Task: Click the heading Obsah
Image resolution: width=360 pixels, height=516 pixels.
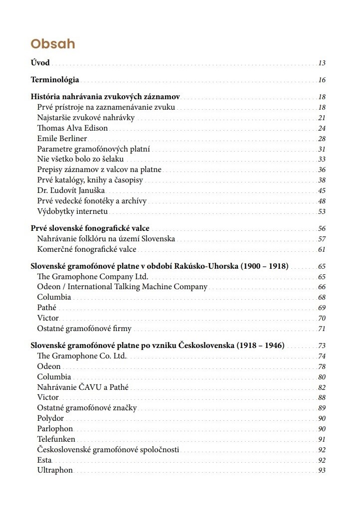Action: tap(53, 44)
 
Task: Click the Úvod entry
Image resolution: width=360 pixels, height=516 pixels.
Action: tap(40, 63)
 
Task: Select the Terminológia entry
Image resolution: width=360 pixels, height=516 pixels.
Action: tap(55, 80)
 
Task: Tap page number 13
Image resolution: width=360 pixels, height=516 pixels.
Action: tap(322, 63)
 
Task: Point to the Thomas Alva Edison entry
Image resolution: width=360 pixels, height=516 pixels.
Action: tap(72, 128)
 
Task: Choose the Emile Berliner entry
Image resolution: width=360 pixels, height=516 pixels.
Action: tap(62, 139)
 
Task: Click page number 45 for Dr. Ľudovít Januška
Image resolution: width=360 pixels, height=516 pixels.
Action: tap(322, 191)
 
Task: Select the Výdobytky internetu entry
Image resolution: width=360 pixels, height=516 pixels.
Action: tap(72, 211)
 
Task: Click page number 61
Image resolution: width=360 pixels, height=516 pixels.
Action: tap(322, 250)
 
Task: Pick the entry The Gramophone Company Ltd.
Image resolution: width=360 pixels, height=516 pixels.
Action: tap(93, 276)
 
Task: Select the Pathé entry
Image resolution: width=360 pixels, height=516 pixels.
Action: tap(47, 308)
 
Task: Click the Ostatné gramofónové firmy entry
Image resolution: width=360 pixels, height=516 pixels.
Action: tap(84, 329)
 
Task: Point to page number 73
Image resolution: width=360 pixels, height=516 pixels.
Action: tap(322, 346)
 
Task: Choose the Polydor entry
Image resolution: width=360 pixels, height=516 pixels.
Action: tap(50, 418)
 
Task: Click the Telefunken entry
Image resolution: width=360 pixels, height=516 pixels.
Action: tap(56, 439)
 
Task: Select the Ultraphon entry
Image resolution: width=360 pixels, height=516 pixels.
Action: tap(55, 470)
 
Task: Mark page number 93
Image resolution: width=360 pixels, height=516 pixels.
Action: tap(322, 471)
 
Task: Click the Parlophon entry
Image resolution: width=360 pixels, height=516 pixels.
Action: tap(55, 429)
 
